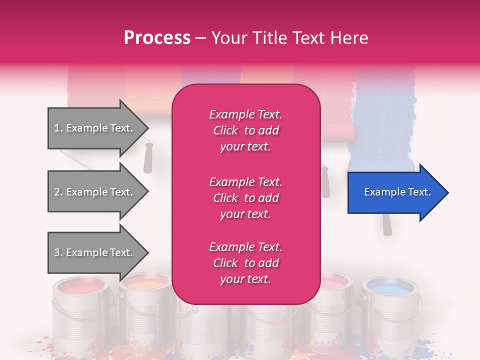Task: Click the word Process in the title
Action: [157, 38]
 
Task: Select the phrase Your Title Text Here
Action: [289, 38]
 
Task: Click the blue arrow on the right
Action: [397, 192]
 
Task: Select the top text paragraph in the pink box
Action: [245, 130]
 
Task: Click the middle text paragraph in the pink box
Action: [245, 198]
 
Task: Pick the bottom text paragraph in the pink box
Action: [245, 263]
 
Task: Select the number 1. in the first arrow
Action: [58, 128]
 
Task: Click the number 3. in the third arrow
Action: [58, 252]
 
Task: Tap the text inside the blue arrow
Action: [397, 192]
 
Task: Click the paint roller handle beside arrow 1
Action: [148, 157]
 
